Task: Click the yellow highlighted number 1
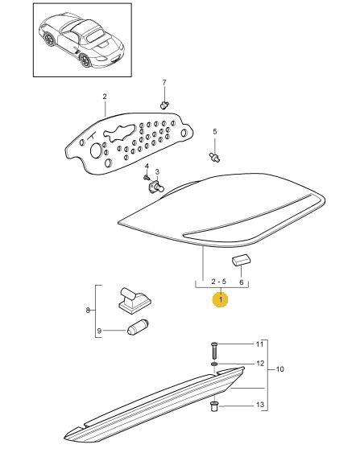coord(221,299)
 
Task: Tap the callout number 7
coord(164,83)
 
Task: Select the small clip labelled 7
coord(163,104)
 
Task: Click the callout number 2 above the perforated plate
coord(105,97)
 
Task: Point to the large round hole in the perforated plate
coord(96,150)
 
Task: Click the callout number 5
coord(214,131)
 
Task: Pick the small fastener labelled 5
coord(214,156)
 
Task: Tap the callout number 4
coord(147,167)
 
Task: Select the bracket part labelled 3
coord(156,187)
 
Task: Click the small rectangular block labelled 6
coord(241,260)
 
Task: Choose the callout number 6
coord(242,282)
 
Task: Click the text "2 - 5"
coord(219,282)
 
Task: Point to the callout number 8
coord(88,310)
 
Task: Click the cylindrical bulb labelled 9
coord(138,327)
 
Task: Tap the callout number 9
coord(99,331)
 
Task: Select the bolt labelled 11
coord(214,350)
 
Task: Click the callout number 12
coord(260,364)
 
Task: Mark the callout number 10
coord(280,368)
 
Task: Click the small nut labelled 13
coord(214,407)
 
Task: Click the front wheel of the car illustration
coord(85,60)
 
